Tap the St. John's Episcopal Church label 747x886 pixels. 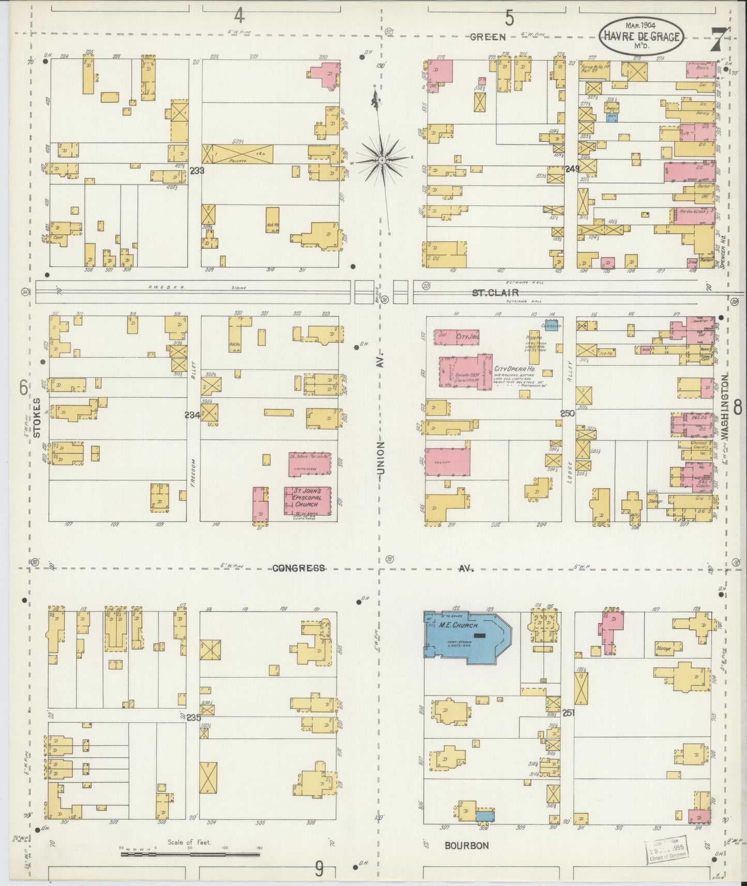307,497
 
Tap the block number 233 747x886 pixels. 196,170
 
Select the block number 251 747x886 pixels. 568,712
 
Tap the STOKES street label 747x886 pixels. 37,418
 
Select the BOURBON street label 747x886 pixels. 467,846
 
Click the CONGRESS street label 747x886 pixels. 299,568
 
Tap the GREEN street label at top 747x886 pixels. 488,37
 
